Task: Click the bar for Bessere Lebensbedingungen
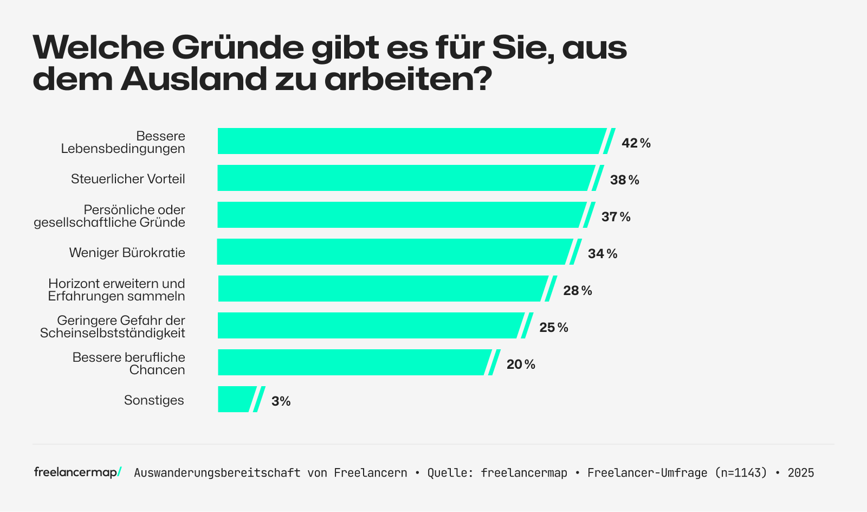pos(412,141)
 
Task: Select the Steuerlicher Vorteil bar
pos(406,178)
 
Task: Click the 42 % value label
pos(636,143)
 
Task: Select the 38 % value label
pos(624,180)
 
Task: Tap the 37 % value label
pos(616,217)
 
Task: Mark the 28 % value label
pos(577,291)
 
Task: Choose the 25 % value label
pos(553,328)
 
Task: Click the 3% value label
pos(281,401)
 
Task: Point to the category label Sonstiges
pos(154,400)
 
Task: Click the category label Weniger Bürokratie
pos(127,253)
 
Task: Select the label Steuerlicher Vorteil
pos(128,179)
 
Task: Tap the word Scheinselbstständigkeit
pos(113,334)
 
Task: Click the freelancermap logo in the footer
pos(77,472)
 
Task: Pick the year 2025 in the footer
pos(800,473)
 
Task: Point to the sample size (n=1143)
pos(741,473)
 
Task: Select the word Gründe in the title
pos(238,48)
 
